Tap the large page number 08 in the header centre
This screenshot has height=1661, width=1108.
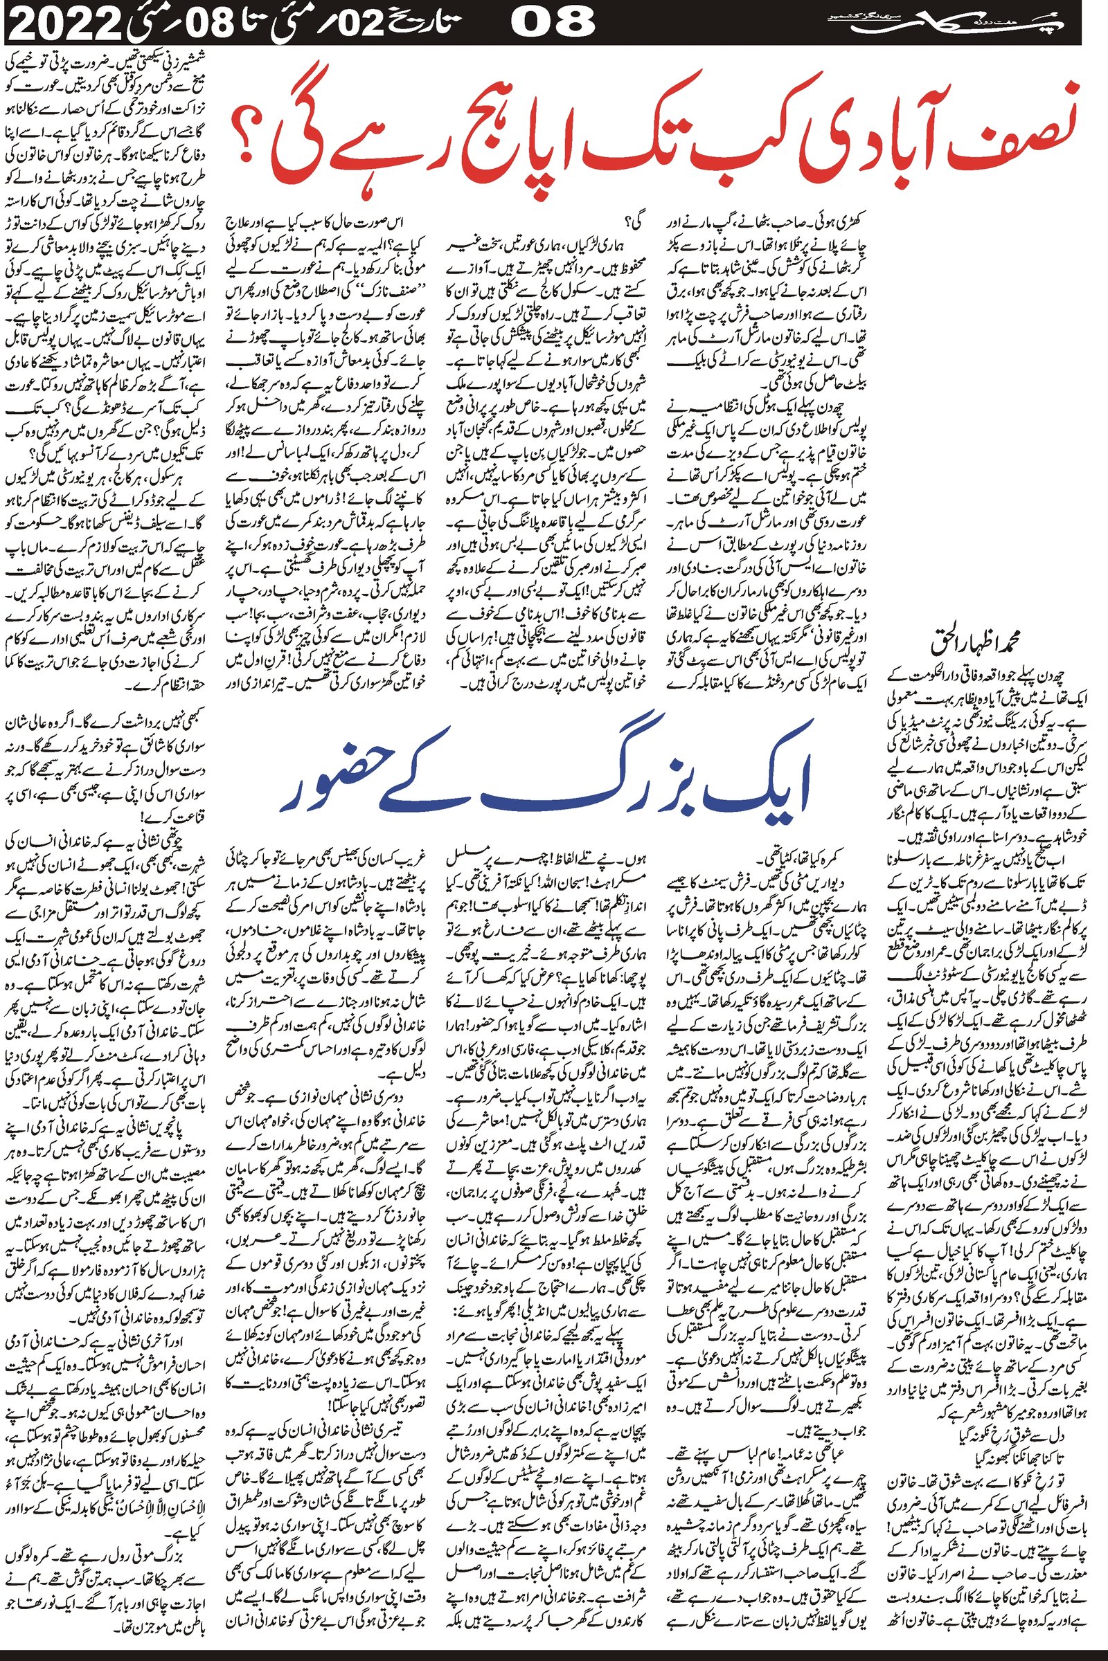[x=551, y=24]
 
